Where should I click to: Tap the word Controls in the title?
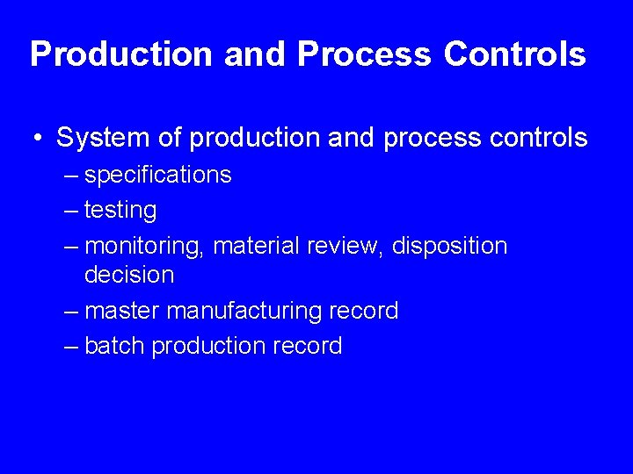(x=514, y=54)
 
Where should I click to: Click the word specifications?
(x=158, y=175)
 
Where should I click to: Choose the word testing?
(x=120, y=211)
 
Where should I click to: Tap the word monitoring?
(x=145, y=246)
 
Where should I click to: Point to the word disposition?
(x=449, y=246)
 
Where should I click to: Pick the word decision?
(x=129, y=275)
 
